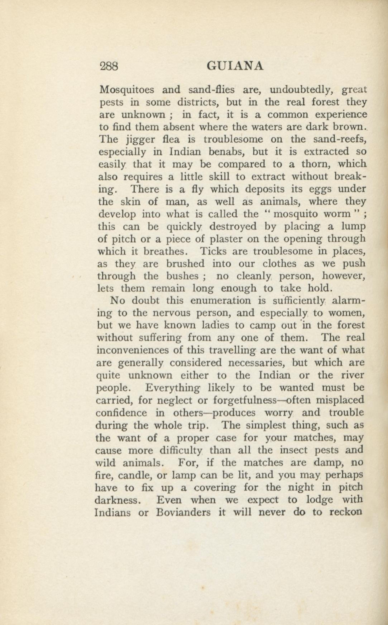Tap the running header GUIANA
(x=235, y=66)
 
